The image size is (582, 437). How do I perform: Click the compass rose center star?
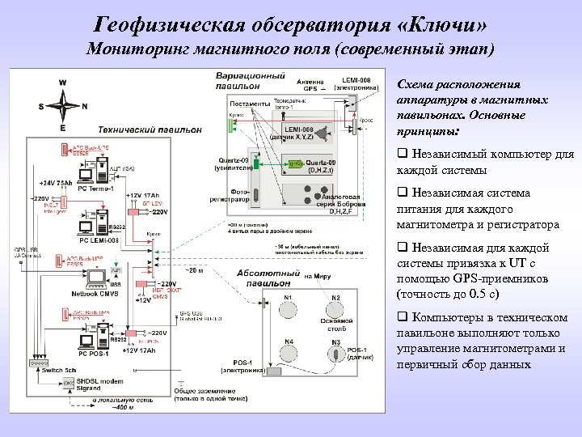62,105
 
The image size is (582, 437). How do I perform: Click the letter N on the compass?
85,106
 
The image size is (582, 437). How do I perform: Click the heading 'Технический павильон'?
150,129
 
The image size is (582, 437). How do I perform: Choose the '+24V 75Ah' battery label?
53,182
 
